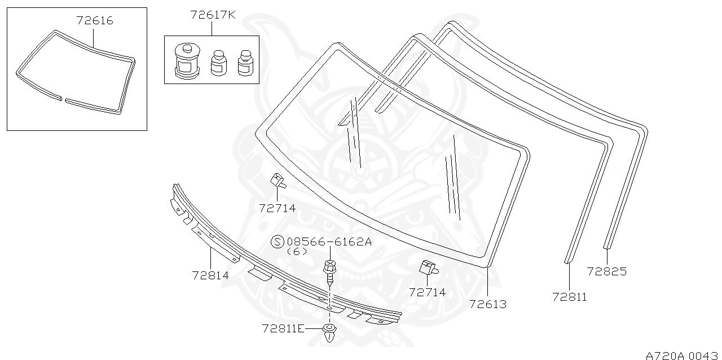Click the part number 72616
click(94, 21)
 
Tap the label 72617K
click(212, 15)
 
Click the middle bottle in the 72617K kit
click(218, 63)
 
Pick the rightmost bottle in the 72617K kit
click(244, 63)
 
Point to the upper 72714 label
click(277, 208)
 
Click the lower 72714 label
click(427, 292)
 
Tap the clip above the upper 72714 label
click(278, 181)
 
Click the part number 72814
click(210, 275)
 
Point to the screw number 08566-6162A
click(329, 242)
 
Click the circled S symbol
click(278, 242)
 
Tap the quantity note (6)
click(297, 252)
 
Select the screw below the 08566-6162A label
click(329, 271)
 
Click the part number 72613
click(487, 304)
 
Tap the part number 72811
click(569, 297)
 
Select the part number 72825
click(606, 271)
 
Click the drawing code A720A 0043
click(683, 355)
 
